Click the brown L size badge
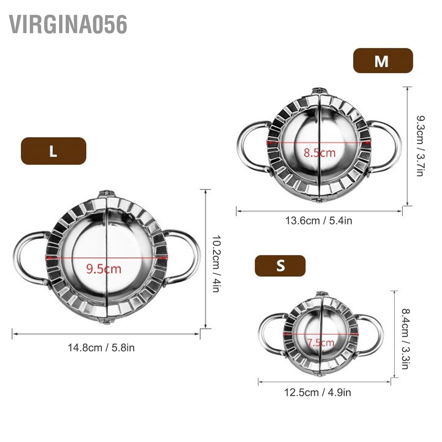click(53, 151)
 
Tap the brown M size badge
click(383, 60)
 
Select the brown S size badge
click(280, 265)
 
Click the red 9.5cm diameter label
click(104, 269)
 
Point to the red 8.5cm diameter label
click(319, 152)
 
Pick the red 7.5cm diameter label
click(321, 343)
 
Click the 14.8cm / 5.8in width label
click(101, 347)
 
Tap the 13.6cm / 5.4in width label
click(319, 221)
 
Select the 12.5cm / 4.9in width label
click(317, 392)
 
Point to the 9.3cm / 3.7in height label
click(419, 145)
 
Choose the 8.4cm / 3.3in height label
click(404, 338)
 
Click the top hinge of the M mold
click(319, 91)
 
